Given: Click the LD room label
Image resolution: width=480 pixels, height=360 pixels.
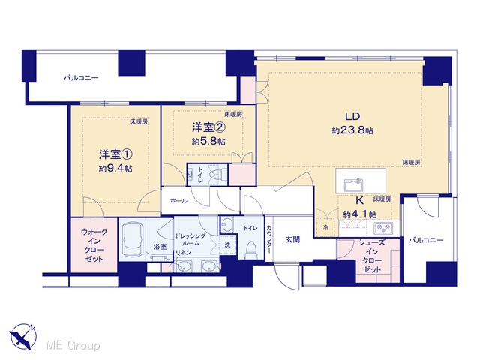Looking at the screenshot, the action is [x=352, y=116].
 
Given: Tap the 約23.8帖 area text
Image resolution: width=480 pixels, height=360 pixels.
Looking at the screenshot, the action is [x=352, y=130].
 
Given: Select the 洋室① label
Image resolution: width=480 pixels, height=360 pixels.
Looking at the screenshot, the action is [x=115, y=154].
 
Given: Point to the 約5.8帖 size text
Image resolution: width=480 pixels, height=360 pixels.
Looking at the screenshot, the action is [x=208, y=142].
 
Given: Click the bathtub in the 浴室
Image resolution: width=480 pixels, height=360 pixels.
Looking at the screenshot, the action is [x=133, y=238].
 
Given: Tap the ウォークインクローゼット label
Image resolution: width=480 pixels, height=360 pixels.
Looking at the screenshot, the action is [x=94, y=245].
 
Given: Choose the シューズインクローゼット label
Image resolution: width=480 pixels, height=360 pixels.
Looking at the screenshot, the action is [x=372, y=256].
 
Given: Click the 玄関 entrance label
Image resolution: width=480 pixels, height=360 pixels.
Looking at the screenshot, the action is [x=292, y=240].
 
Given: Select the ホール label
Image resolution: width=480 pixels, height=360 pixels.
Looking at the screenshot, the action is [x=178, y=201].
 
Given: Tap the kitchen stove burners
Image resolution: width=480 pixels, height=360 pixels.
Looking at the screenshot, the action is [x=384, y=228].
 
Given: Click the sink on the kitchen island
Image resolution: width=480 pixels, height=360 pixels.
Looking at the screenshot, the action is [x=353, y=185].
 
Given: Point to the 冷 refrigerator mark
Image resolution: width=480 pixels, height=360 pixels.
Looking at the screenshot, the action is [x=325, y=228].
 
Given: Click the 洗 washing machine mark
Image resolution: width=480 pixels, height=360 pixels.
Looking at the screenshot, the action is [x=227, y=245].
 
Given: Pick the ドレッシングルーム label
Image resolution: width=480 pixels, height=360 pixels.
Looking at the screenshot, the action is [x=190, y=240].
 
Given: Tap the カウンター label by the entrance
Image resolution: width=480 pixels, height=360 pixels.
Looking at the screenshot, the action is [x=268, y=239].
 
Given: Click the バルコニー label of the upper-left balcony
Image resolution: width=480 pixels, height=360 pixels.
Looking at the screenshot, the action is [x=81, y=78].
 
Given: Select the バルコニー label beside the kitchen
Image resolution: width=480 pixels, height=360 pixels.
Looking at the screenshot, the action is [x=426, y=240].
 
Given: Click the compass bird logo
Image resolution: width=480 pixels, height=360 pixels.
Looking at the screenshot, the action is [x=23, y=337].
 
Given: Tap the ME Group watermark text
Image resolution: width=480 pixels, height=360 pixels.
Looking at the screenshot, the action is [x=73, y=345].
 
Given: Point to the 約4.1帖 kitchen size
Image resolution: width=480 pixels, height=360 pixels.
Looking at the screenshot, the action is [x=360, y=214].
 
